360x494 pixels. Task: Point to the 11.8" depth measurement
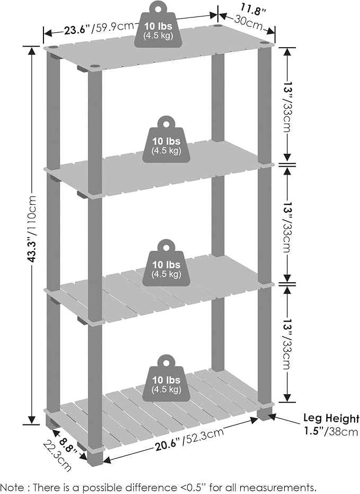click(253, 9)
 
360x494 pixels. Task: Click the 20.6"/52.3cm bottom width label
click(189, 439)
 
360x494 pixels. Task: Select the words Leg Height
click(331, 419)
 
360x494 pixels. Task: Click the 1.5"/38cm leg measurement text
click(331, 431)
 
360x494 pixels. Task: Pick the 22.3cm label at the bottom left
click(57, 456)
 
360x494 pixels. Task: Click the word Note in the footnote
click(12, 487)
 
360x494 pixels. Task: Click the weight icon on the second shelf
click(166, 140)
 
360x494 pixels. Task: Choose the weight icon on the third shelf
click(166, 263)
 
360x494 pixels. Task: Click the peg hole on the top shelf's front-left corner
click(95, 66)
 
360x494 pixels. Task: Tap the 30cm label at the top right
click(249, 22)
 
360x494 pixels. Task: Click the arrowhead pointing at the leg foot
click(272, 417)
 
